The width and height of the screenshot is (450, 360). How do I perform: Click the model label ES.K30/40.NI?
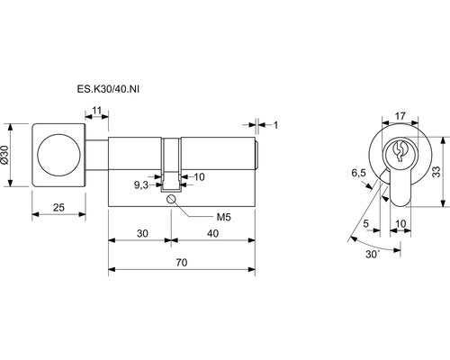(x=108, y=89)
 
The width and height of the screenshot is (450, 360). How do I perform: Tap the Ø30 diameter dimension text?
(x=4, y=155)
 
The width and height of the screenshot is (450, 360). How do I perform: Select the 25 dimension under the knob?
(x=58, y=207)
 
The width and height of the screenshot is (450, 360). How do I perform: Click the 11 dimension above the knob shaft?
(x=96, y=111)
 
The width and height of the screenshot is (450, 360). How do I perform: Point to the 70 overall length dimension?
(x=182, y=263)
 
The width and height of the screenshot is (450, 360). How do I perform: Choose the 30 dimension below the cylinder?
(x=142, y=233)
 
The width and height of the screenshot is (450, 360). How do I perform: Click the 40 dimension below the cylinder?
(x=212, y=233)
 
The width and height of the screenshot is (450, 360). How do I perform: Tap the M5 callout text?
(x=224, y=217)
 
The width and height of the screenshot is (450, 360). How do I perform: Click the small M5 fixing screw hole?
(x=171, y=199)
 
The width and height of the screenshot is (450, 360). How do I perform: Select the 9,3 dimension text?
(x=141, y=185)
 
